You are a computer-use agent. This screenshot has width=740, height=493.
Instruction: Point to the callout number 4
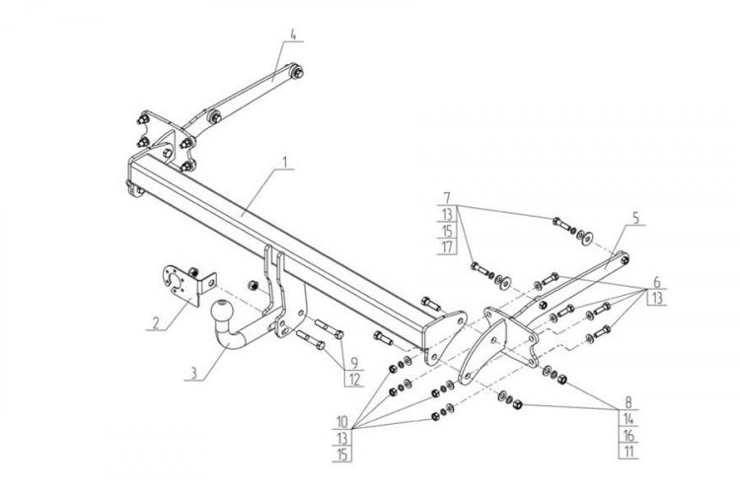(294, 35)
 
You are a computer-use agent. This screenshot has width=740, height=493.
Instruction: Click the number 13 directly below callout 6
(655, 300)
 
